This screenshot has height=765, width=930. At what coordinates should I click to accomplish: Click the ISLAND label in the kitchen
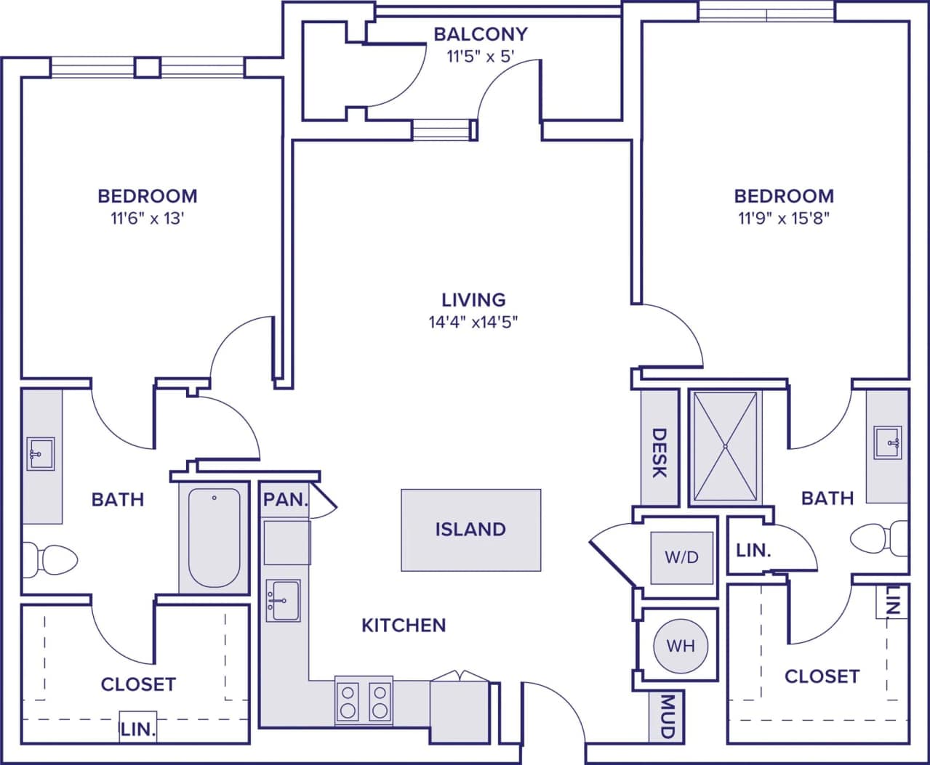point(470,530)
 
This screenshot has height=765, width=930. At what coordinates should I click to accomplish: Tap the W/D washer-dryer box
point(681,558)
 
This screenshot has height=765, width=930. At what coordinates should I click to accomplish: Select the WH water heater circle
point(681,645)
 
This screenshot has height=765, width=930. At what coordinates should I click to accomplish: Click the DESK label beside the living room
point(659,453)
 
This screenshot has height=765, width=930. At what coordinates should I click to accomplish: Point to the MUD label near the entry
point(667,716)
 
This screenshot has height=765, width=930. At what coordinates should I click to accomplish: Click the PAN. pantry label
point(286,500)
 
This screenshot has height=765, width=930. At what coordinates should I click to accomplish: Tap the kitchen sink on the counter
point(283,601)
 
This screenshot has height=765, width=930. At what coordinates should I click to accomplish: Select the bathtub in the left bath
point(214,538)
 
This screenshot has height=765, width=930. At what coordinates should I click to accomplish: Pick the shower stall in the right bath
point(725,447)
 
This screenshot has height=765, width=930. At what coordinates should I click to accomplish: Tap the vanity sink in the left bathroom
point(41,455)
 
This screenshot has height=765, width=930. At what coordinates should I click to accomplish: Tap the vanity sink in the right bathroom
point(888,442)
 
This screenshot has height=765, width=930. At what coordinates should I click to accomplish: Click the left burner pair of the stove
point(348,701)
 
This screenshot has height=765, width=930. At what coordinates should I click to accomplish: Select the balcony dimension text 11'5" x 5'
point(481,57)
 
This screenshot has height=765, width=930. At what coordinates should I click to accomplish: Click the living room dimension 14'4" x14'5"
point(473,322)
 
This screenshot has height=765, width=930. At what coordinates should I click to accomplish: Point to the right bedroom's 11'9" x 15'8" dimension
point(784,218)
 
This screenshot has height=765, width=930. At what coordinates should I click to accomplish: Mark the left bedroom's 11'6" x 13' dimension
point(147,218)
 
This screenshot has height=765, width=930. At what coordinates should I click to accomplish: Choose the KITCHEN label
point(404,626)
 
